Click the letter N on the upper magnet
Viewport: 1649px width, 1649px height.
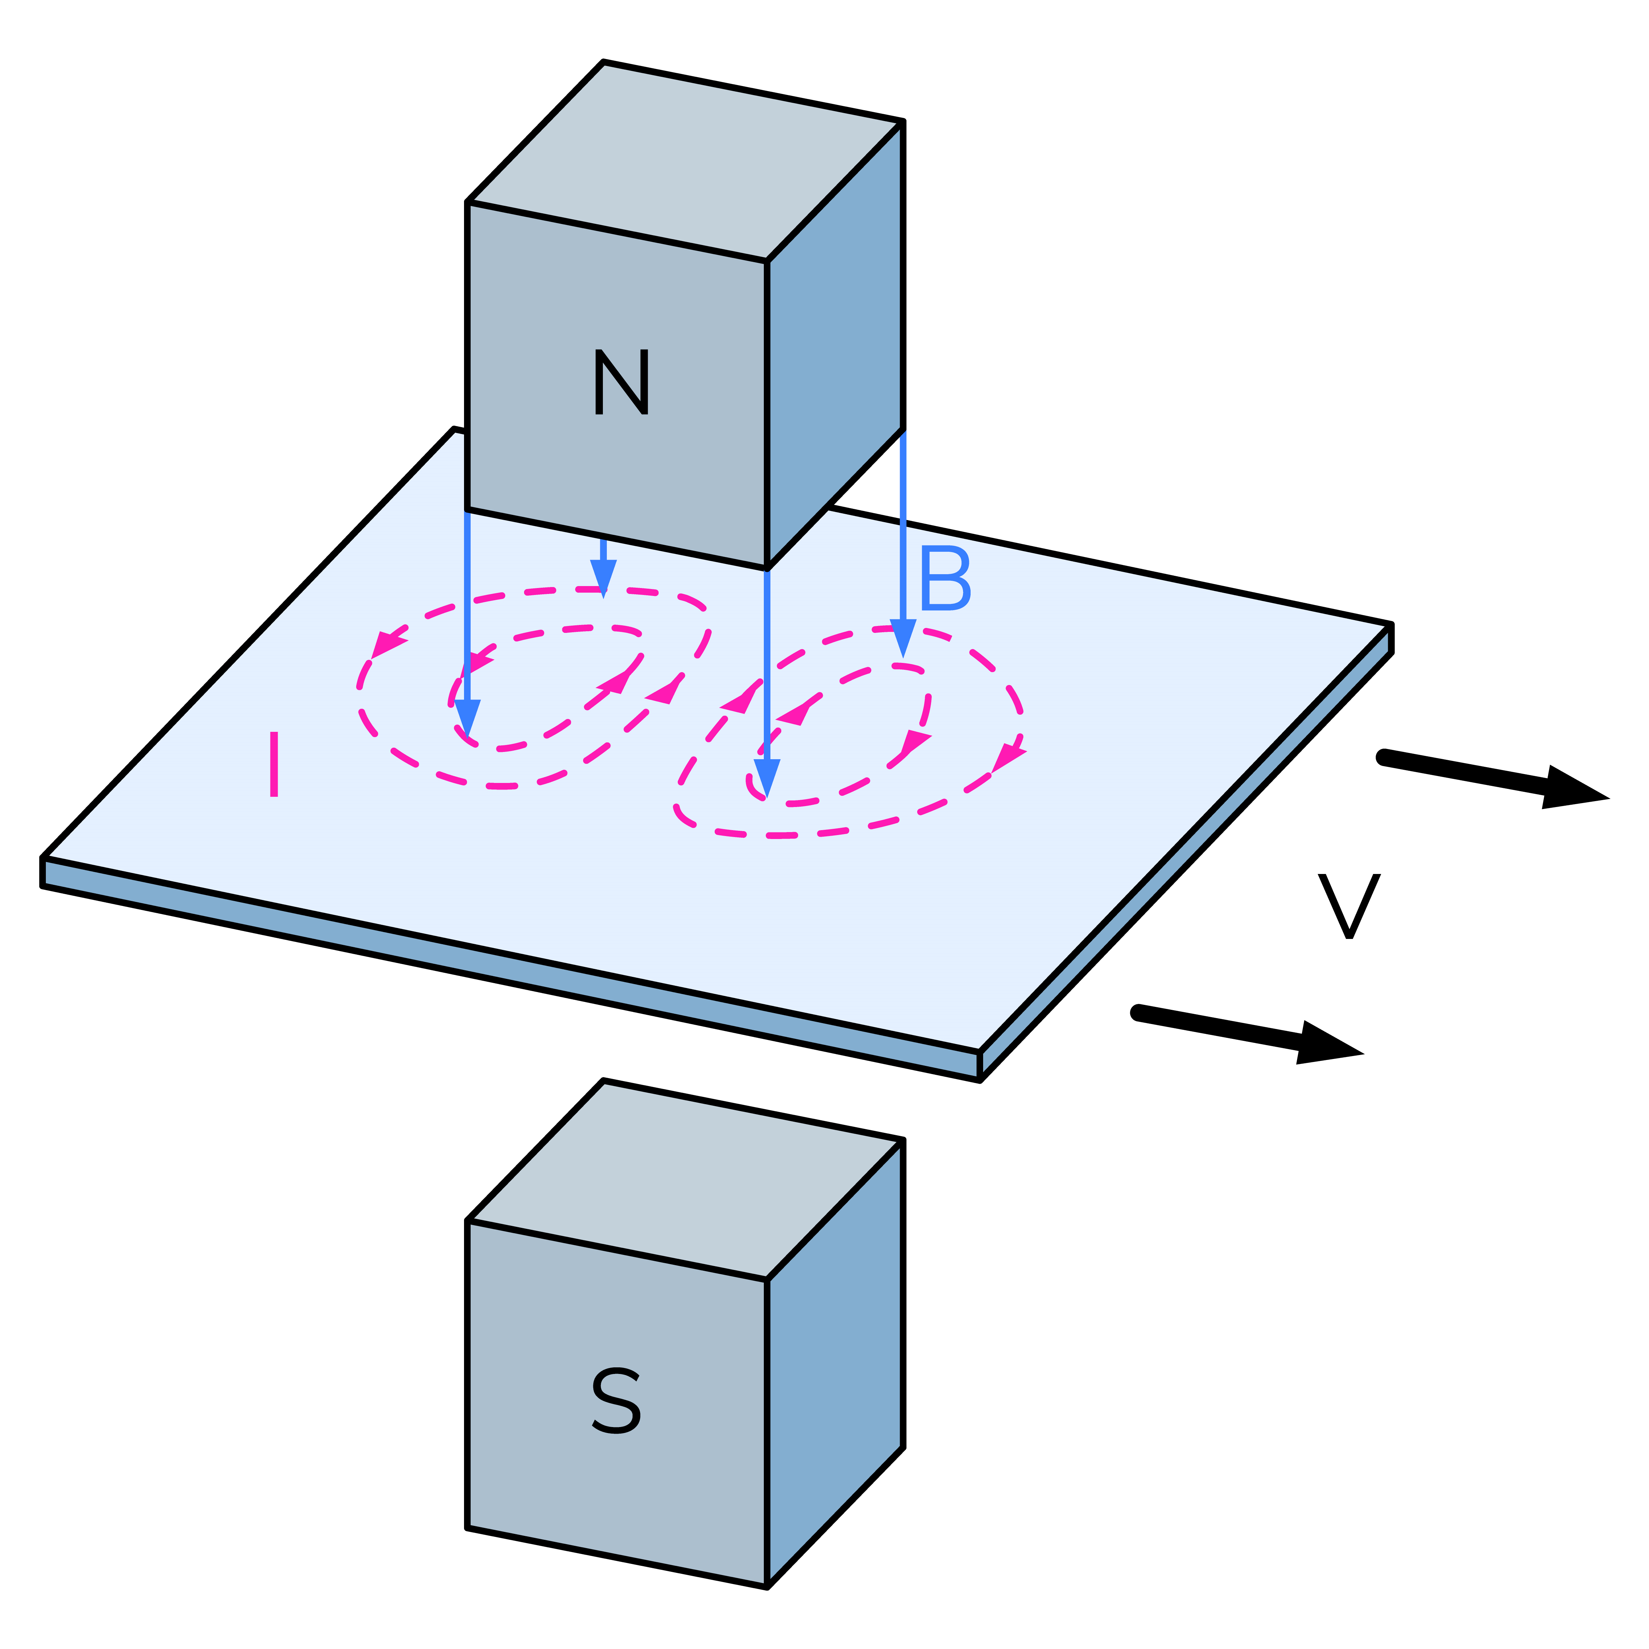(621, 382)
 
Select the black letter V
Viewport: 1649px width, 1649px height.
(1349, 906)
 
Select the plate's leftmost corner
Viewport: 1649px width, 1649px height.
(43, 858)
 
